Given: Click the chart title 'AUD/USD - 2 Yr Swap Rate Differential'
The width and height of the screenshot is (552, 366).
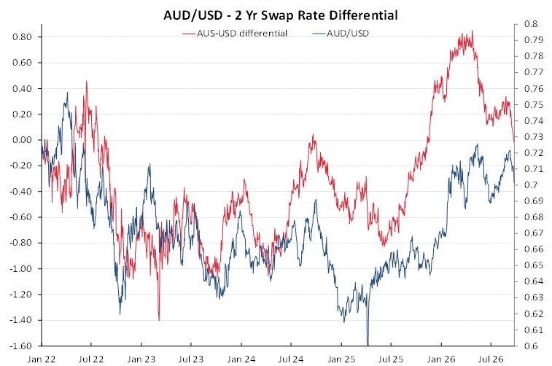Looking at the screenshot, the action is point(281,15).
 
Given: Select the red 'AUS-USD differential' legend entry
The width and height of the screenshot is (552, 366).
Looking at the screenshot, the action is point(235,34).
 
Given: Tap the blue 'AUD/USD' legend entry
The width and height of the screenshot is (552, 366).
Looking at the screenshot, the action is point(341,34).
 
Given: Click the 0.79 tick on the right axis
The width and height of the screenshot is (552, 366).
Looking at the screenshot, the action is point(534,40).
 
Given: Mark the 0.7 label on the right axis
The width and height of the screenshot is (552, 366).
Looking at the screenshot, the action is point(531,184).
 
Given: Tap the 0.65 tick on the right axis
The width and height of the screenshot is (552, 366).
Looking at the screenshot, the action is point(534,265).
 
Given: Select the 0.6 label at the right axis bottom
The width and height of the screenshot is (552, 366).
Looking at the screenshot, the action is point(531,346).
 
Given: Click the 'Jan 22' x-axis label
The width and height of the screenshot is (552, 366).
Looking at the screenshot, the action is point(42,359).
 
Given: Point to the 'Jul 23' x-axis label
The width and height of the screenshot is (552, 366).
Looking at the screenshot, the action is point(191,359).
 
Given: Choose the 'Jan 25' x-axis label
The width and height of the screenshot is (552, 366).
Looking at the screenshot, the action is point(341,359).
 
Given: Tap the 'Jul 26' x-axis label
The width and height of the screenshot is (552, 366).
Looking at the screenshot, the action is point(491,359).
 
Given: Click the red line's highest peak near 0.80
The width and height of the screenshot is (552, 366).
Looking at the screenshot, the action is point(472,31).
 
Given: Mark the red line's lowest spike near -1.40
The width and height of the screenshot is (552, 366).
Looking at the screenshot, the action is point(159,320).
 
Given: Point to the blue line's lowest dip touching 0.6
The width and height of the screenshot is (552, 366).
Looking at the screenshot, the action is point(368,345).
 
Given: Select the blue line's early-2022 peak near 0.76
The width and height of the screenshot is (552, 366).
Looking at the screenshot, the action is point(67,93).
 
